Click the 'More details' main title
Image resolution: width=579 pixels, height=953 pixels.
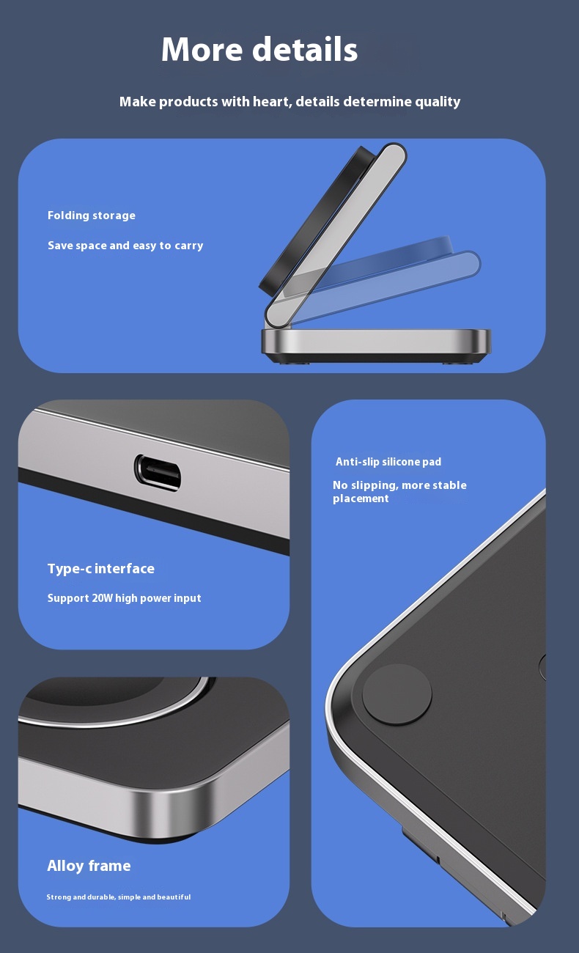click(259, 49)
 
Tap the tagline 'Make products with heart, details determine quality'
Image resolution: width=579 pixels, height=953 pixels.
click(289, 102)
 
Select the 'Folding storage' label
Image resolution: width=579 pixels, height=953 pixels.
click(92, 216)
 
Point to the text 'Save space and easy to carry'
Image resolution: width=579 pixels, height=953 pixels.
click(125, 246)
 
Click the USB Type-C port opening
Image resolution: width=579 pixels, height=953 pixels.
click(158, 472)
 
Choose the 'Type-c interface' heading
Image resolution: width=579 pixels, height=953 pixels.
click(101, 569)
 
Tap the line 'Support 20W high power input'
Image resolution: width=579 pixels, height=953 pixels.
click(124, 598)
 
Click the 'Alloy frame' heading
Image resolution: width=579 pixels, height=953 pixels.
click(89, 866)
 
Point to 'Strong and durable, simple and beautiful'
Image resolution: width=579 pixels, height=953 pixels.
click(119, 897)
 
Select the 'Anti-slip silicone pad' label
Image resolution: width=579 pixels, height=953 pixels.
click(388, 462)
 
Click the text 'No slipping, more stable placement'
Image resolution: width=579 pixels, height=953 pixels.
click(399, 492)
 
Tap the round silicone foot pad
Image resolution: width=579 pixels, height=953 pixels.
click(397, 694)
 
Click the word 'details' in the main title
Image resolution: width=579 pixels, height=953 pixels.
click(305, 49)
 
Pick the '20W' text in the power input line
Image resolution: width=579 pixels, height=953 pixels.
click(103, 598)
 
